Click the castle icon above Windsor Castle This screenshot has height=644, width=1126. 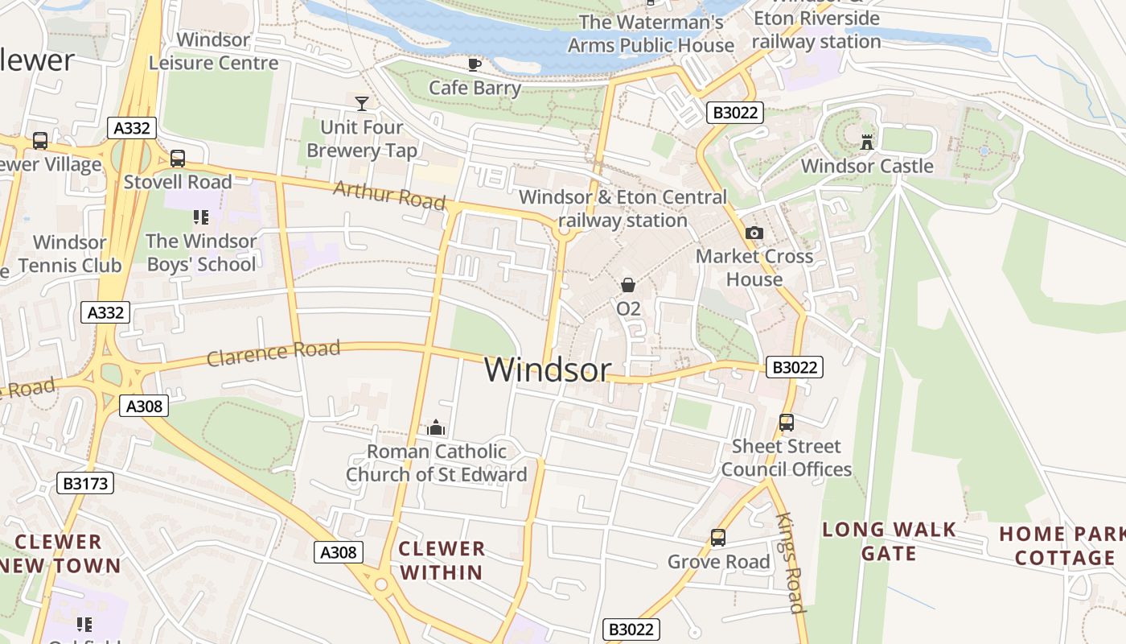point(867,142)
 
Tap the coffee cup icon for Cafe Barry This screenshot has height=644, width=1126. point(475,64)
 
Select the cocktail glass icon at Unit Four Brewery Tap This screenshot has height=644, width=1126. point(362,103)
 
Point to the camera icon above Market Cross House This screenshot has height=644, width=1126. point(754,233)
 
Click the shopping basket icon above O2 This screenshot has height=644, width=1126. point(628,285)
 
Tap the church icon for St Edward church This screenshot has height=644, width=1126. point(436,427)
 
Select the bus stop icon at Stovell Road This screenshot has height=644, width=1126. point(178,159)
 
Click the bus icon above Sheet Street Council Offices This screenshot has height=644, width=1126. point(786,423)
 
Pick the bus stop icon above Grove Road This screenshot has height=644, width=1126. point(717,538)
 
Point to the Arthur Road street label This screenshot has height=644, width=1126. point(389,195)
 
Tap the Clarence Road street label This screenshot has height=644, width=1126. point(273,353)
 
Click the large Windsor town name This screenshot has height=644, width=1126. point(547,369)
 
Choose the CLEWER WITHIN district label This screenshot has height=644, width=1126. point(442,560)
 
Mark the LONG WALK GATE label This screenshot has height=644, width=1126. point(889,541)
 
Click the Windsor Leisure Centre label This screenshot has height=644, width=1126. point(213,51)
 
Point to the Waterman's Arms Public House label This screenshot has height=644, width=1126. point(651,33)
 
